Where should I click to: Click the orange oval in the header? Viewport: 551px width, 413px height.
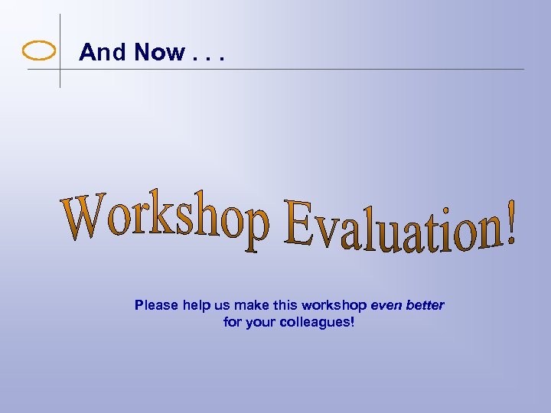pyautogui.click(x=39, y=51)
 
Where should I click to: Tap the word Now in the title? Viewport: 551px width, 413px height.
pyautogui.click(x=159, y=52)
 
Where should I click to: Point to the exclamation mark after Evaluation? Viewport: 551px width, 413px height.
pyautogui.click(x=508, y=223)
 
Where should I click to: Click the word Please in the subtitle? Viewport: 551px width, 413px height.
pyautogui.click(x=157, y=305)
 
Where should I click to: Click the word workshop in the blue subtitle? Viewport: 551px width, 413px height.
pyautogui.click(x=334, y=305)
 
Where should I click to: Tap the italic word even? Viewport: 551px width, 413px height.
pyautogui.click(x=386, y=305)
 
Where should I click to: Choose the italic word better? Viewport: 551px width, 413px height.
pyautogui.click(x=425, y=305)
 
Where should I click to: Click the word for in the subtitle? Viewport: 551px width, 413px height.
pyautogui.click(x=233, y=322)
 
